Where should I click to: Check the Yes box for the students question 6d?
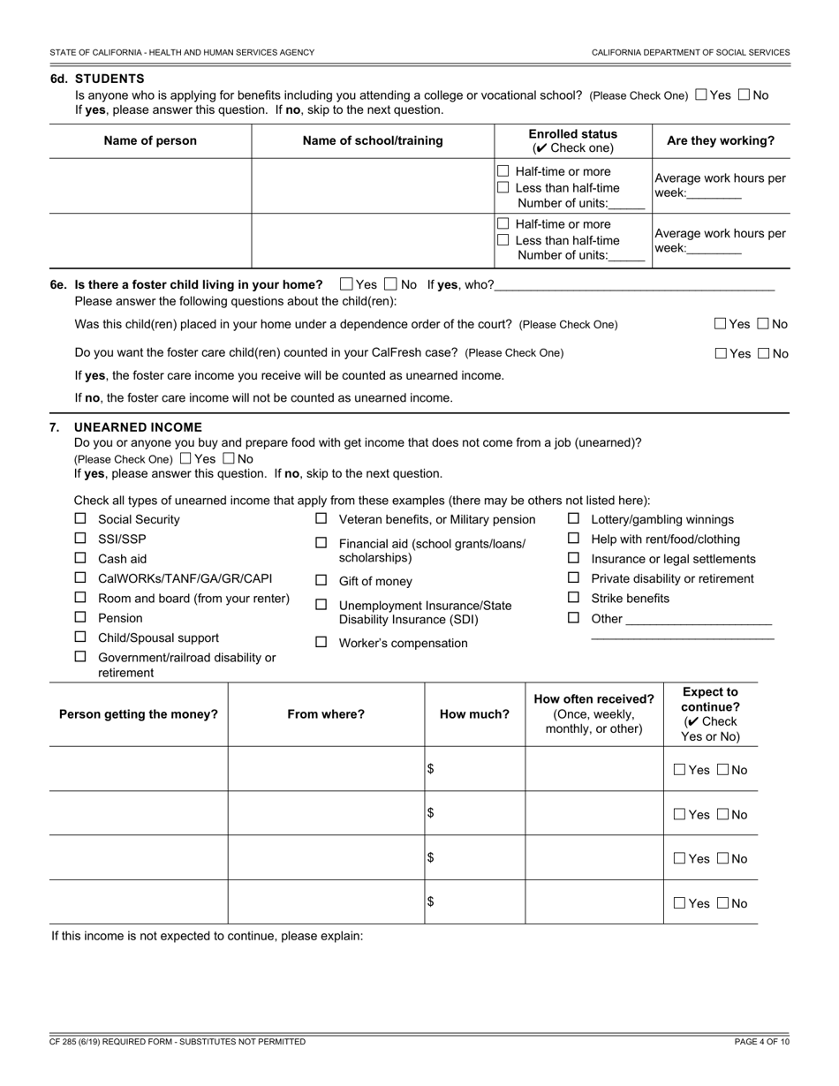click(701, 94)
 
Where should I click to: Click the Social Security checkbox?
click(80, 519)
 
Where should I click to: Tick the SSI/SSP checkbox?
click(80, 539)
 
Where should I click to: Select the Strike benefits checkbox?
click(573, 598)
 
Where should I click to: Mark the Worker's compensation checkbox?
click(321, 643)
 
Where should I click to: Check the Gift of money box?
click(321, 581)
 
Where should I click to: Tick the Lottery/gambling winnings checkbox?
click(573, 519)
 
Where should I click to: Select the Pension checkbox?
click(80, 617)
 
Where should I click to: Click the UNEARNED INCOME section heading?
click(138, 427)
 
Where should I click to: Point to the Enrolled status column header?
click(572, 140)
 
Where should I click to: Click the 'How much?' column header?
click(474, 714)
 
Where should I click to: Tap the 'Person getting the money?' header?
click(138, 714)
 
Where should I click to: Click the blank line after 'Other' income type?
click(698, 619)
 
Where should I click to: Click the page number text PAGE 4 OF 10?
click(761, 1042)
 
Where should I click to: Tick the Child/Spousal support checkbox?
click(80, 637)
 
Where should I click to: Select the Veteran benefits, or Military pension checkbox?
click(321, 519)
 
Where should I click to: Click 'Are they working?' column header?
click(721, 140)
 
